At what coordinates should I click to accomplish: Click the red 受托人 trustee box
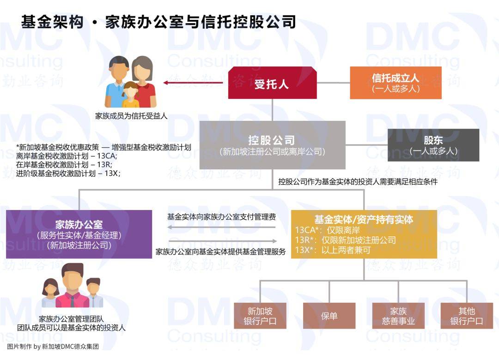272,83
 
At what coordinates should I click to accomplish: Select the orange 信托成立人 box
396,83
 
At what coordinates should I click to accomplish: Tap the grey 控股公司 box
272,145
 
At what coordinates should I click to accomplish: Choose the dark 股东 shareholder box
433,145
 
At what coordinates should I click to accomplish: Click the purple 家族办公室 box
79,234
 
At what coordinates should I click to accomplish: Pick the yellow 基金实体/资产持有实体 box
364,234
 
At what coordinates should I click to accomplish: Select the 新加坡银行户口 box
260,316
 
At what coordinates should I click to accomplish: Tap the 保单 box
329,316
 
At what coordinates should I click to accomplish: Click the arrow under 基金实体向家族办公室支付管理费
221,227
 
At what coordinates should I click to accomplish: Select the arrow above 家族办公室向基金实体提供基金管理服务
222,241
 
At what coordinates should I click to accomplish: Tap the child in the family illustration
131,95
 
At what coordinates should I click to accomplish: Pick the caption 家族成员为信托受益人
131,116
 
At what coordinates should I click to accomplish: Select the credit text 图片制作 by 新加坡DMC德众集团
53,346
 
